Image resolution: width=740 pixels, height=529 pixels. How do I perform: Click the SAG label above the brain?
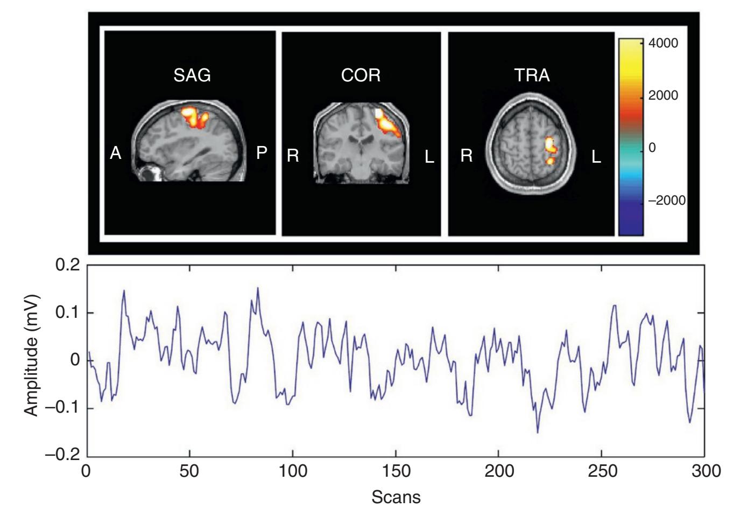192,75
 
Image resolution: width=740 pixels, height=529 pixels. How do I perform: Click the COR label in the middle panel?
361,75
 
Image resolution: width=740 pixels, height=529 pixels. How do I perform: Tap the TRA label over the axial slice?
532,75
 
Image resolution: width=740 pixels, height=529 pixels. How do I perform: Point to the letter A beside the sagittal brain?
115,154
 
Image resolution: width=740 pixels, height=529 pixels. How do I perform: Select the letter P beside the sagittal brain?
262,153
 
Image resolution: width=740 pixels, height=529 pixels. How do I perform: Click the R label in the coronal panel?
293,156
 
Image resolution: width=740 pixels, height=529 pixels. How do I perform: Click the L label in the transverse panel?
596,156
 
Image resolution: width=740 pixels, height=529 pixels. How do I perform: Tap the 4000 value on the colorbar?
663,44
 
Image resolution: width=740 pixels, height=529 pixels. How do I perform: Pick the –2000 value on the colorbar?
666,200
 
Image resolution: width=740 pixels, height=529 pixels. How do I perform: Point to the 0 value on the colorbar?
652,148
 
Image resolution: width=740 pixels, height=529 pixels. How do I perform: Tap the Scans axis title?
396,497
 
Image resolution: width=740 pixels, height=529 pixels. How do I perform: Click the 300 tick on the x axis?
704,470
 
